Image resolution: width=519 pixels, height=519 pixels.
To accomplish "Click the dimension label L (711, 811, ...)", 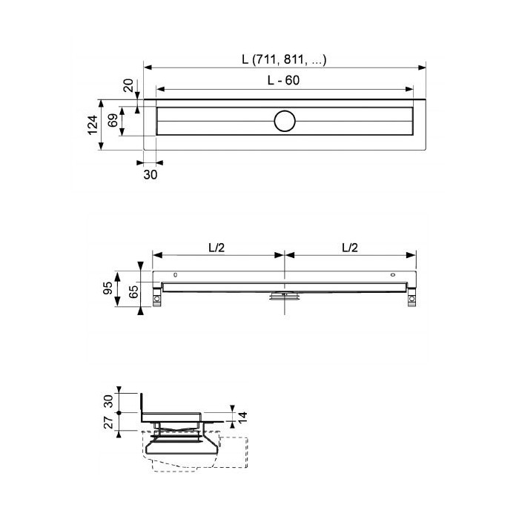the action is coord(284,59).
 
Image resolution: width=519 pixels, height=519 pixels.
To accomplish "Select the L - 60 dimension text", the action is coord(283,80).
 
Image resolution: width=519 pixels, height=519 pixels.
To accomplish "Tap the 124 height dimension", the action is coord(93,125).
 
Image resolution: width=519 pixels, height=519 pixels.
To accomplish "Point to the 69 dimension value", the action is coord(113,121).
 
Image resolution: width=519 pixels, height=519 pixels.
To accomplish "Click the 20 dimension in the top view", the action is coord(128,85).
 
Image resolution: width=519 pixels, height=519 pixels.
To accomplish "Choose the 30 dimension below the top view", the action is coord(151,174).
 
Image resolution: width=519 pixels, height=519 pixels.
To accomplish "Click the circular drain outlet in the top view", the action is coord(285,121).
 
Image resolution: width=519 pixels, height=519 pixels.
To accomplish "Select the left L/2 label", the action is coord(216,248).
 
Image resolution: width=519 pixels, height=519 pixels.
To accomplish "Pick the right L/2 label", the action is coord(350,248).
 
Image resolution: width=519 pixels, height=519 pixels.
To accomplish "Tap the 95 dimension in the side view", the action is coord(108,288).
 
